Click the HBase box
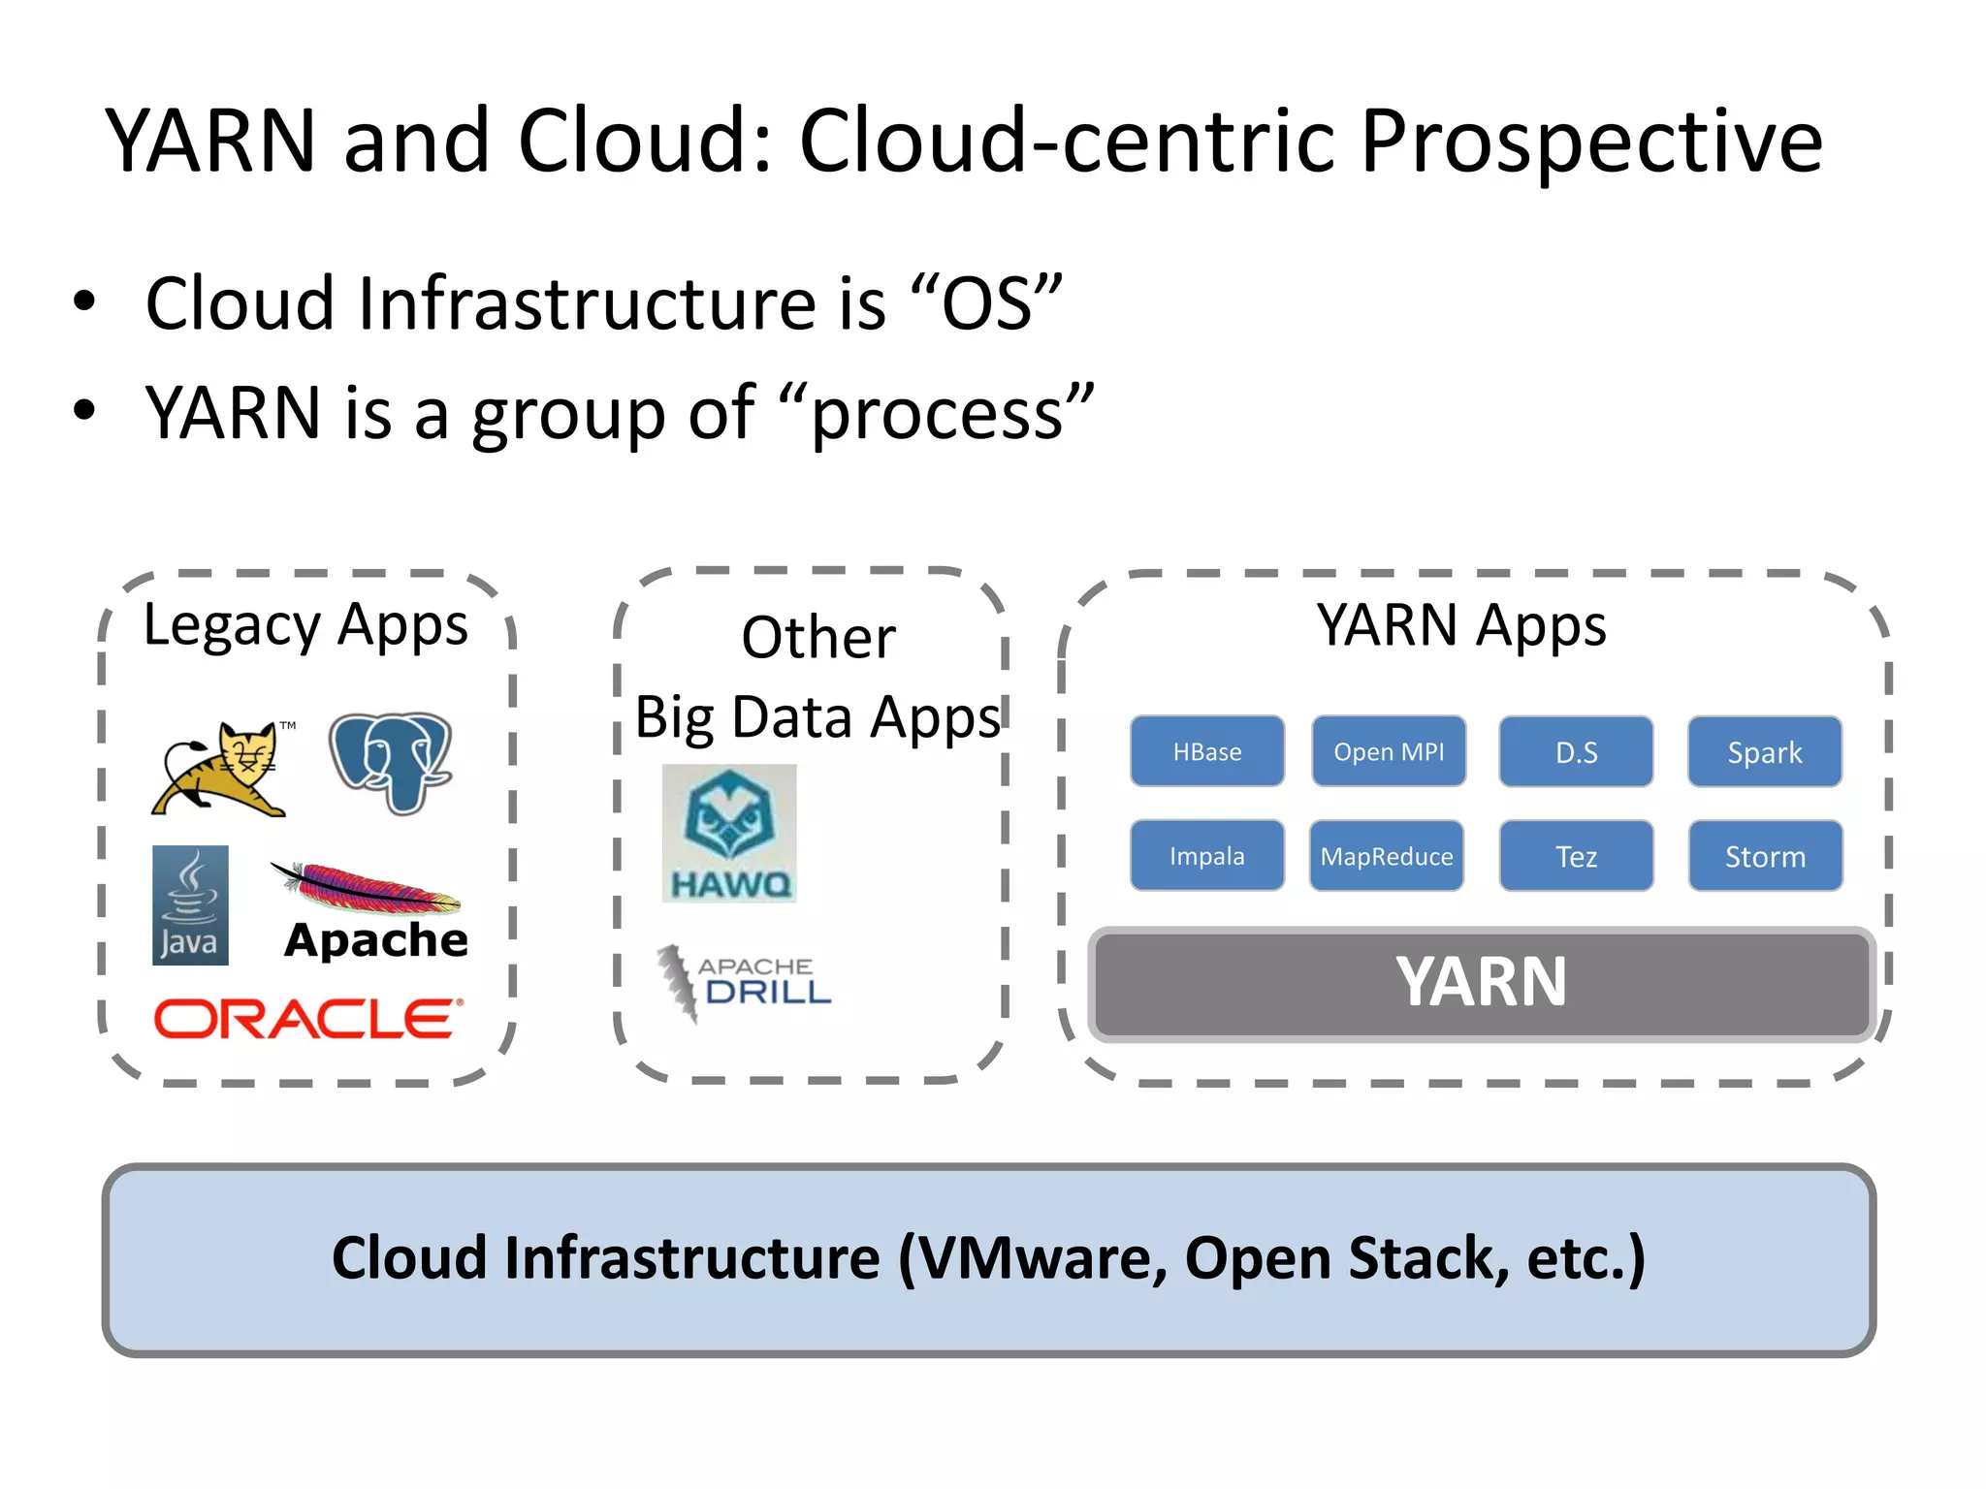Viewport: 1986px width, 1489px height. (1206, 751)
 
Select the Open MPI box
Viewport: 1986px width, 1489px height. (1388, 751)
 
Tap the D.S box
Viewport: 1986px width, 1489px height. (1575, 751)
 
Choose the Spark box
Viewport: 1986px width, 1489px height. (1764, 751)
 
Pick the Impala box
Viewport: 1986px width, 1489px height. (1206, 855)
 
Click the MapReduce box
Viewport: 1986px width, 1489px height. (1386, 855)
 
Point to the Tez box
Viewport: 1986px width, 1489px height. (1575, 855)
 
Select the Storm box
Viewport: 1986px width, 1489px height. (1764, 855)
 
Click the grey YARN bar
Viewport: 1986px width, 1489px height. (1481, 983)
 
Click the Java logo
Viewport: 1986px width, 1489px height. (190, 905)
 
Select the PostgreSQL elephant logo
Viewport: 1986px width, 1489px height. (391, 762)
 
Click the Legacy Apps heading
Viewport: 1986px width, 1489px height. (305, 625)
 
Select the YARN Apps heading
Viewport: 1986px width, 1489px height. (1460, 625)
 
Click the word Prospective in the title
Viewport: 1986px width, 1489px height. (1590, 142)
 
